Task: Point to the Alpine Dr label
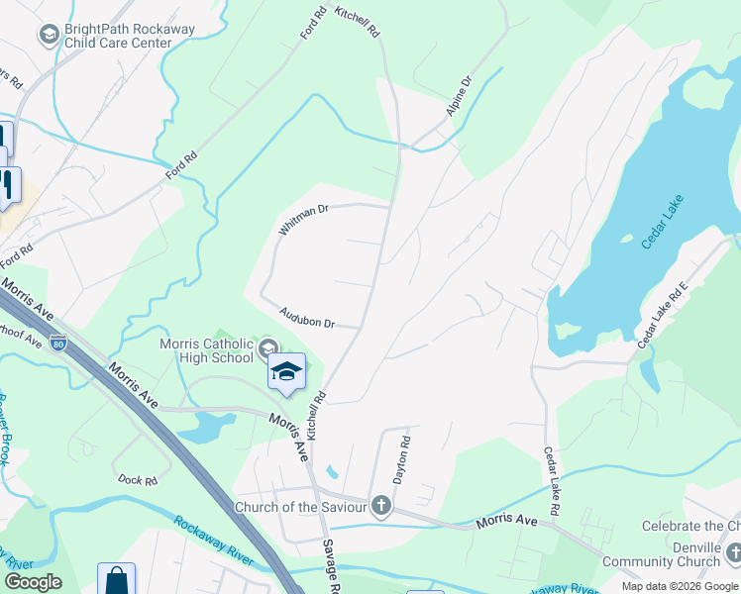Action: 458,95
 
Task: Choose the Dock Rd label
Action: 138,480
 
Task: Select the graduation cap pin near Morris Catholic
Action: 286,373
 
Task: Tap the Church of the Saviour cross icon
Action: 381,508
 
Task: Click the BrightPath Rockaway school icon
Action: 48,36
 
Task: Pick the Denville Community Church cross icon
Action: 732,552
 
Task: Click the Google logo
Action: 34,582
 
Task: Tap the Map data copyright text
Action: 681,586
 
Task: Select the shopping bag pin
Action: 116,580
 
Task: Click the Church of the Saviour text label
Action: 300,508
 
